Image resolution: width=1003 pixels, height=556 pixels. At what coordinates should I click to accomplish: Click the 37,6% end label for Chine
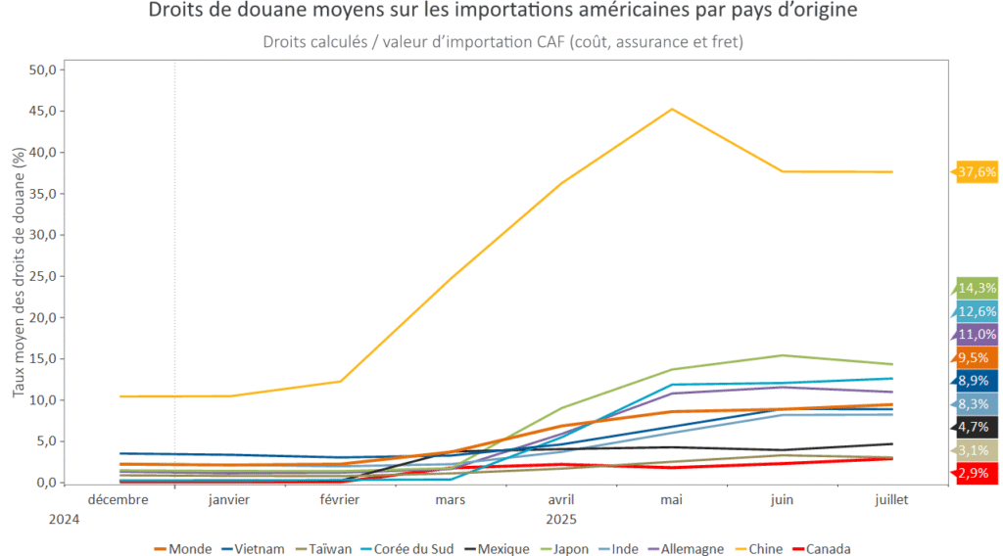[x=978, y=172]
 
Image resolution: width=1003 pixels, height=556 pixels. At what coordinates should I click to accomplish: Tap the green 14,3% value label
[x=978, y=288]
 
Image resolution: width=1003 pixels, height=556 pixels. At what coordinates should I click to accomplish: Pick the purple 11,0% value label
[x=978, y=334]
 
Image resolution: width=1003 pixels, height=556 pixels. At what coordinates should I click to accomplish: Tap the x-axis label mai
[x=671, y=499]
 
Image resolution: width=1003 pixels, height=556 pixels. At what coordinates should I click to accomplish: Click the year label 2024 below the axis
[x=64, y=519]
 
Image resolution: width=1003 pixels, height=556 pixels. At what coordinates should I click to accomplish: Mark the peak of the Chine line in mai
[x=672, y=109]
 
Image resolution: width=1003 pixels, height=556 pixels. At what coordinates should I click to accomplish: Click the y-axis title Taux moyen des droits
[x=19, y=273]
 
